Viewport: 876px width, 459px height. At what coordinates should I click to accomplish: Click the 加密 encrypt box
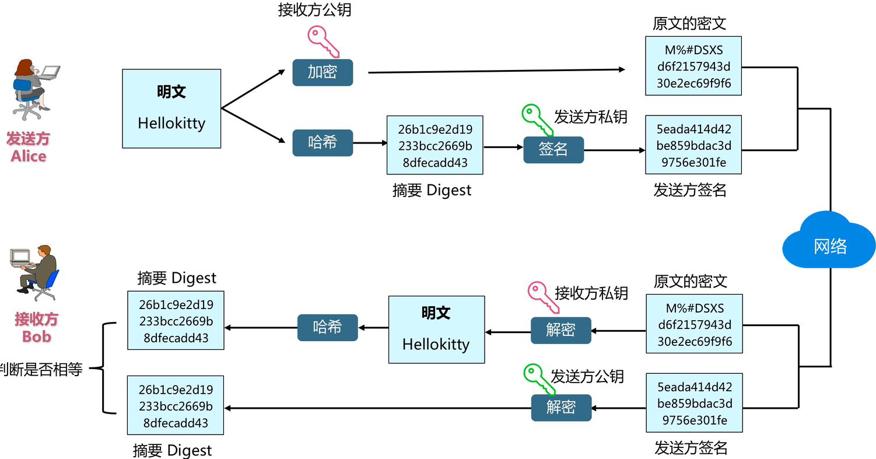click(x=323, y=72)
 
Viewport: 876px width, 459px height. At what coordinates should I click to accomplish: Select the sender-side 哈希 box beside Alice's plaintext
click(x=323, y=142)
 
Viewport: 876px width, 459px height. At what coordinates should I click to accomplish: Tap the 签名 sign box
click(x=553, y=149)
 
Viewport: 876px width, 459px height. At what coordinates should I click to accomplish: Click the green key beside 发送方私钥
click(x=537, y=121)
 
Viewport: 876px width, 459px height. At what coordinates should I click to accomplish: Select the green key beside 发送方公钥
click(x=538, y=379)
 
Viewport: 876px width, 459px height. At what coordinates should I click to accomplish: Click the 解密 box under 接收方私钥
click(x=560, y=330)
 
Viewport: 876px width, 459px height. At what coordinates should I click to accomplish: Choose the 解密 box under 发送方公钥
click(x=560, y=407)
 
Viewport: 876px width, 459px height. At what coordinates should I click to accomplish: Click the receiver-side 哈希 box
click(x=327, y=327)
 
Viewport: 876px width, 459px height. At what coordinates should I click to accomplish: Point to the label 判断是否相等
click(x=41, y=369)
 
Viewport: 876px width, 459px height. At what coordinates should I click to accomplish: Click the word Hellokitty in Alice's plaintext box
click(x=171, y=124)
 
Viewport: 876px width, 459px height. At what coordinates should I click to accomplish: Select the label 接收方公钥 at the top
click(x=314, y=10)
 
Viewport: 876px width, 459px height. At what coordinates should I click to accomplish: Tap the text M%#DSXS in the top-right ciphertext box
click(x=693, y=51)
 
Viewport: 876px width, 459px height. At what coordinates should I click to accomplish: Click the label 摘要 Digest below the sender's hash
click(x=432, y=190)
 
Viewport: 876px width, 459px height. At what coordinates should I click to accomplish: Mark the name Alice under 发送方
click(x=28, y=156)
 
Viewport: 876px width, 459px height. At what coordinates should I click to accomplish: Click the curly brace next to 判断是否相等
click(x=105, y=368)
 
